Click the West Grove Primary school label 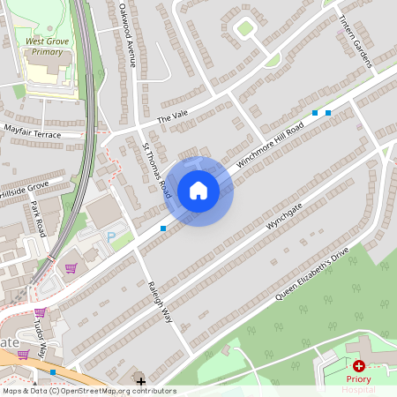[x=49, y=46]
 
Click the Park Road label [x=38, y=219]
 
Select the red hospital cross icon [x=359, y=365]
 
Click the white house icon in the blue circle [x=198, y=191]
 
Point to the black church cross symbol [x=140, y=381]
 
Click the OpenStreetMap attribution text [x=88, y=391]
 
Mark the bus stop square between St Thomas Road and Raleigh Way [x=163, y=228]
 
